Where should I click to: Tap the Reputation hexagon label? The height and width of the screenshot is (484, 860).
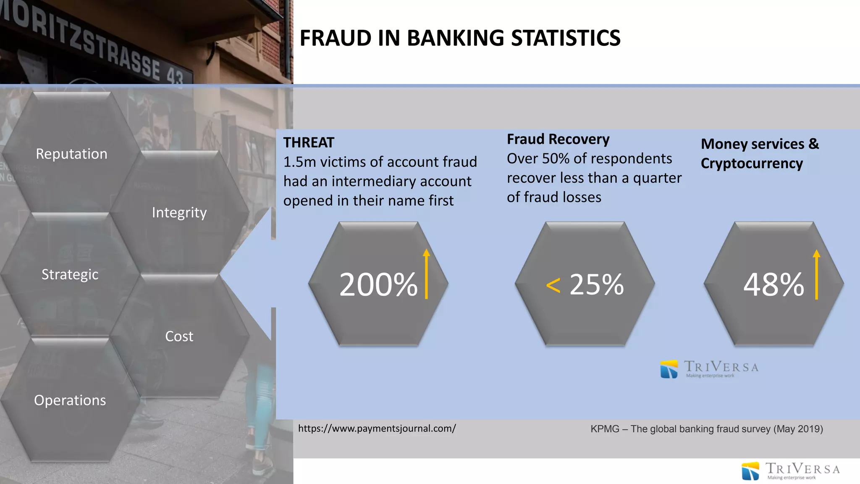click(71, 154)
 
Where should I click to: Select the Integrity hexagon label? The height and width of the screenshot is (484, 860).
click(179, 213)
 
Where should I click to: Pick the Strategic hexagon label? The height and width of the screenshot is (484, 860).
click(70, 274)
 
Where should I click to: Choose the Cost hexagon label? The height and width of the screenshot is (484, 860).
click(179, 336)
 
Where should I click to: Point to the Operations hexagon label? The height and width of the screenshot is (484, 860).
click(70, 400)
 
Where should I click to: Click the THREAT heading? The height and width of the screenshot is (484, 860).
click(309, 143)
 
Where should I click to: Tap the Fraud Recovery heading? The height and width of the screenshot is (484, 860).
click(558, 139)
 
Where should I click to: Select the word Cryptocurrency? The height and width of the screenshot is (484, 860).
click(752, 163)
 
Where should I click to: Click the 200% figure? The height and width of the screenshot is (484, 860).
click(378, 284)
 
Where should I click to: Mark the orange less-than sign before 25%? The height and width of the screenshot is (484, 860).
click(553, 286)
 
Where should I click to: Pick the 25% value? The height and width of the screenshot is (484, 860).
click(597, 284)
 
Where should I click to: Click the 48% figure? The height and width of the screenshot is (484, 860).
click(773, 284)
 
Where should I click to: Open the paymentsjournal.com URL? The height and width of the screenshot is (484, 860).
click(377, 429)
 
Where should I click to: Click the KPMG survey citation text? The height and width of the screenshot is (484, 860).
click(706, 429)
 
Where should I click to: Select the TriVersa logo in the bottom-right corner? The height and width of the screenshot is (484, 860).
click(790, 471)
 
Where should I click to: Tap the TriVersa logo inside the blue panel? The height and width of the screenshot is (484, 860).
click(709, 369)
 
